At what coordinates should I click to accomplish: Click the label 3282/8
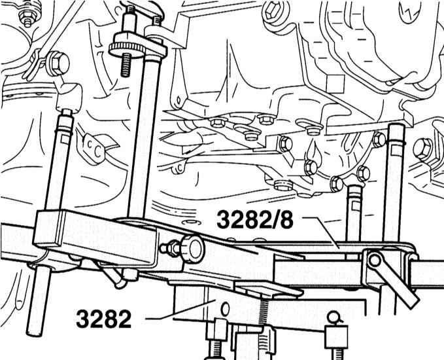[x=255, y=220]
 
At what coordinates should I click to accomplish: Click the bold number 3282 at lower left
[x=103, y=319]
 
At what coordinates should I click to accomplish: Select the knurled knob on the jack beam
[x=193, y=248]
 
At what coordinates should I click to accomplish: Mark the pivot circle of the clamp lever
[x=375, y=261]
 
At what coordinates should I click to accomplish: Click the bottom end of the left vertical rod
[x=35, y=333]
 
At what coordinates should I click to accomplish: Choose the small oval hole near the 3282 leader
[x=225, y=309]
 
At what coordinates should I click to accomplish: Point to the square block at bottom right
[x=336, y=337]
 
